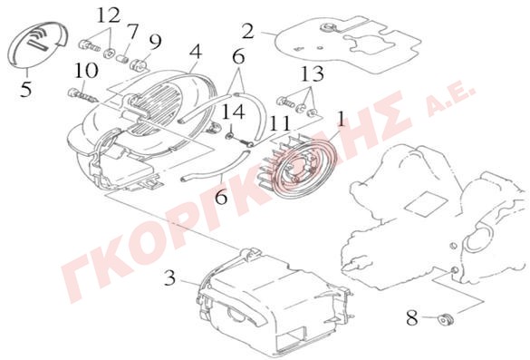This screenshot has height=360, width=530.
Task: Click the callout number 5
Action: pos(26,89)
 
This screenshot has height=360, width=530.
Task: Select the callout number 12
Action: pos(109,15)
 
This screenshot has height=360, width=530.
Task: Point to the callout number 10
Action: pos(87,71)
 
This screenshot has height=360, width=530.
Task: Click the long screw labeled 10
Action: pos(82,94)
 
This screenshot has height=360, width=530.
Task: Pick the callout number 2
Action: pos(247,32)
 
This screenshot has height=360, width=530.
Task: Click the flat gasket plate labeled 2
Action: pos(348,44)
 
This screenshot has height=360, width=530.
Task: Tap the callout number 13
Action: pos(312,73)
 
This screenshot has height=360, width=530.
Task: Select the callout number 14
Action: pos(233,112)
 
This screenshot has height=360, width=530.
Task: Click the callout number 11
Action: pos(280,123)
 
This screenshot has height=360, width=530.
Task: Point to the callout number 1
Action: pos(341,119)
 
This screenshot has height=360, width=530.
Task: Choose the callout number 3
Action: pos(170,277)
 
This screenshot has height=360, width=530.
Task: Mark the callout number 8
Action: pos(411,318)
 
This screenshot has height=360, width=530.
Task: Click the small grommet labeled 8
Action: pos(446,319)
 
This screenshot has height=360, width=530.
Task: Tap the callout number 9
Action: pos(155,43)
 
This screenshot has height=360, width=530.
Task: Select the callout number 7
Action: pos(132,32)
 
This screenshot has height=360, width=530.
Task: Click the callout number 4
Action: pos(196,53)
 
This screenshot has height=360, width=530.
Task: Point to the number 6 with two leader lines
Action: pos(238,57)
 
